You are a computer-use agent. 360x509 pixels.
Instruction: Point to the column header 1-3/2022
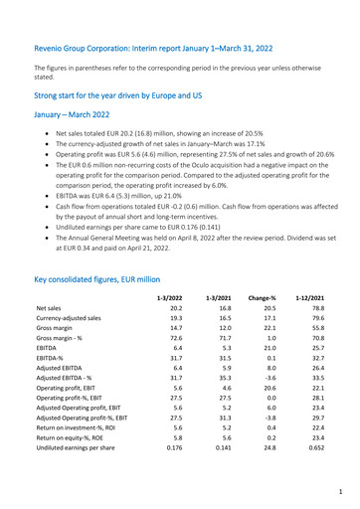coord(169,268)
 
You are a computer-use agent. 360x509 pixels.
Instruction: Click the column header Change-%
coord(264,268)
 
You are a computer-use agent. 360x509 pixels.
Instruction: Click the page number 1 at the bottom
coord(339,491)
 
